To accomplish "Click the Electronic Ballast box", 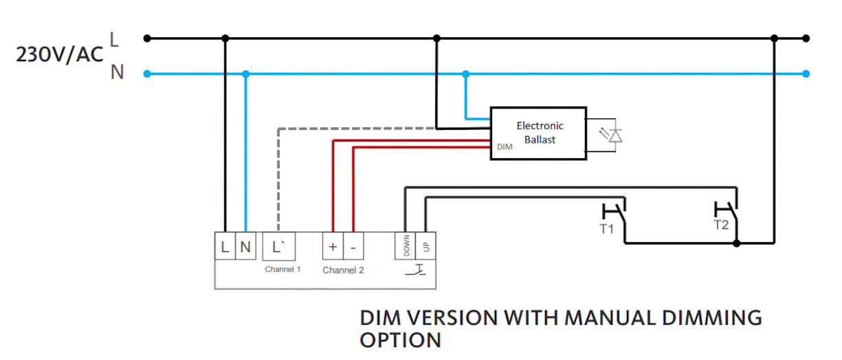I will click(x=538, y=133).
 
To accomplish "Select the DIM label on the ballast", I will click(x=505, y=147).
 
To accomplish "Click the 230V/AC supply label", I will click(x=60, y=55).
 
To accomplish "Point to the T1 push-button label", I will click(x=606, y=229).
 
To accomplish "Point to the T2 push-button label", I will click(x=720, y=225).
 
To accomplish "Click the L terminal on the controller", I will click(x=225, y=247).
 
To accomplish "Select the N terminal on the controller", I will click(x=245, y=247).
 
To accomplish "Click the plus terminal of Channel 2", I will click(x=333, y=247).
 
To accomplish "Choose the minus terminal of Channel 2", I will click(x=353, y=247).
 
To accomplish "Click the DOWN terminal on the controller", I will click(x=406, y=246).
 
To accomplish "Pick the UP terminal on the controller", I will click(x=425, y=246).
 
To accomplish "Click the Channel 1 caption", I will click(x=282, y=269).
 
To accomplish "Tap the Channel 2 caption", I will click(x=343, y=270).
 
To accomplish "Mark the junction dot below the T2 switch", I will click(x=736, y=243).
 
